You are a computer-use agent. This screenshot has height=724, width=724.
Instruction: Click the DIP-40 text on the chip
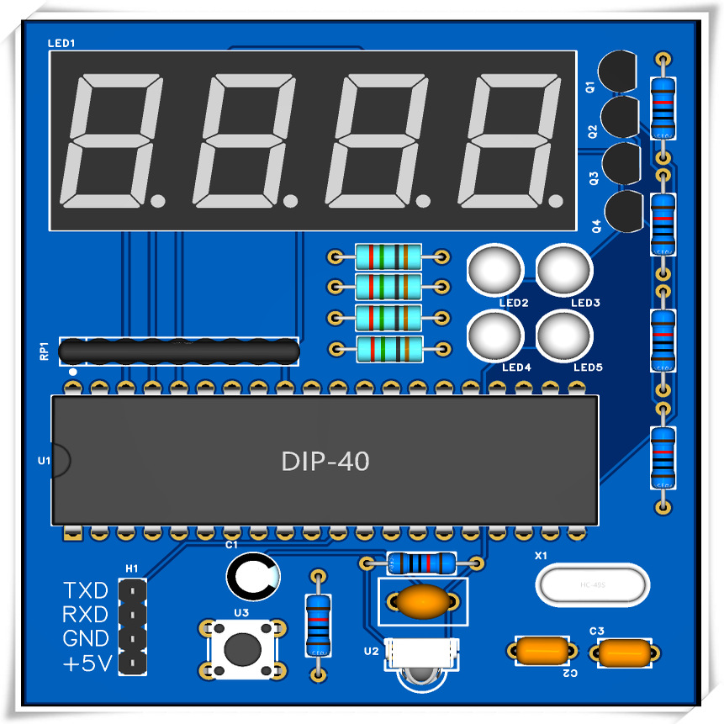(325, 462)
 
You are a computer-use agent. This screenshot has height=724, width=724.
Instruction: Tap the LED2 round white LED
(494, 269)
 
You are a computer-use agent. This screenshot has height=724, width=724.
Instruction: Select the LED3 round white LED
(563, 269)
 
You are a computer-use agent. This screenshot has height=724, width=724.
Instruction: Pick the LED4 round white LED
(494, 335)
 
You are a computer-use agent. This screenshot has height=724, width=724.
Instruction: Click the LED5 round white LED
(563, 335)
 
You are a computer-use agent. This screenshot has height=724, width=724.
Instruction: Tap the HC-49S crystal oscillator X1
(594, 584)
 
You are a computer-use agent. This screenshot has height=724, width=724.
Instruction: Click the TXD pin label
(86, 590)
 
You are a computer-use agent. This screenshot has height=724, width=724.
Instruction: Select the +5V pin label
(87, 664)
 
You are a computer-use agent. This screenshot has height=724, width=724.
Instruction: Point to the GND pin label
(86, 639)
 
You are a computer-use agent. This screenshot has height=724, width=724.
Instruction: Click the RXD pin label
(86, 615)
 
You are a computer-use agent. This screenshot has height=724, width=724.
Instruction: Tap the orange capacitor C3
(624, 653)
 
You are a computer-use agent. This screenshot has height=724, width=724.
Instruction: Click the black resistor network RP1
(179, 351)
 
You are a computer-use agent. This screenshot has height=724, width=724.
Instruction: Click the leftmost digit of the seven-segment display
(114, 140)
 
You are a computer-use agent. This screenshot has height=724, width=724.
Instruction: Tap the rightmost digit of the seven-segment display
(514, 140)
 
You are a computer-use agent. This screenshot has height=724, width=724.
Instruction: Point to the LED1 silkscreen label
(61, 42)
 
